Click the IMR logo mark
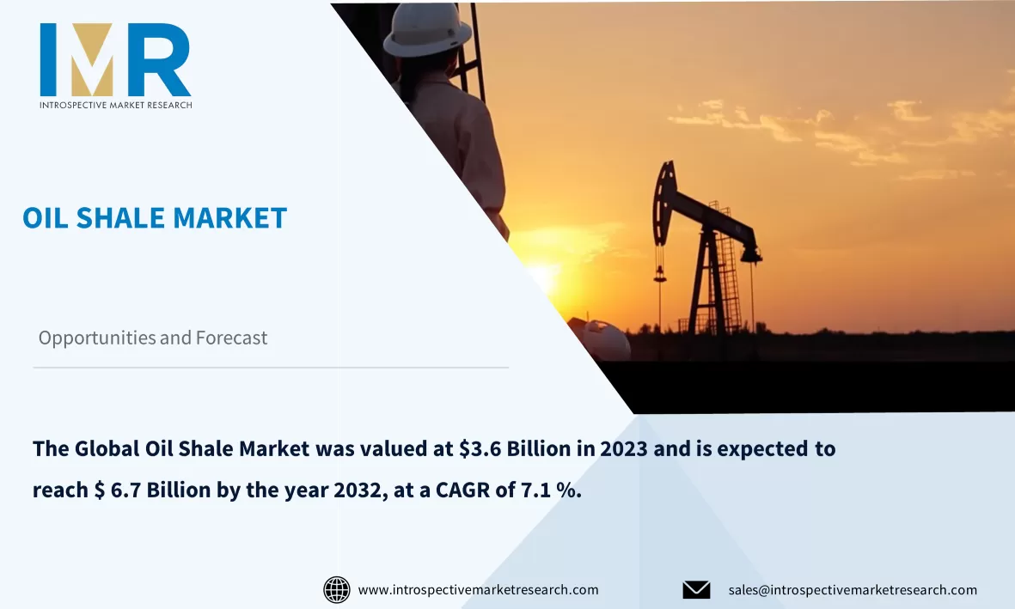[115, 59]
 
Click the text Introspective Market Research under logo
[115, 105]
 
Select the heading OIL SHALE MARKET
[155, 218]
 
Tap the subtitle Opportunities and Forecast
[153, 338]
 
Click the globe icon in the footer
[336, 590]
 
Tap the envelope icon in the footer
[696, 590]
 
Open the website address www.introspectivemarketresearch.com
[478, 590]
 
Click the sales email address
[853, 590]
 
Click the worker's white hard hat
[426, 32]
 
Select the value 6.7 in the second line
[125, 490]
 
